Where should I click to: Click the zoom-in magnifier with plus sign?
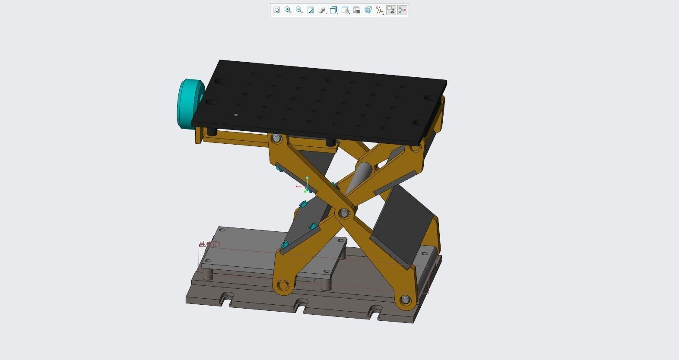point(288,10)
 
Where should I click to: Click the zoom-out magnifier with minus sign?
point(299,10)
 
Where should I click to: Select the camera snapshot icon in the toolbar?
point(357,10)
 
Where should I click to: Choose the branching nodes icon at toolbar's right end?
point(403,10)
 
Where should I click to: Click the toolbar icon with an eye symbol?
point(391,10)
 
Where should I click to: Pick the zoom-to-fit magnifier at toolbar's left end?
point(277,10)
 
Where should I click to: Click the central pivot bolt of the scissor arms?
point(344,213)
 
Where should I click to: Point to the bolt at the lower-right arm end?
point(405,300)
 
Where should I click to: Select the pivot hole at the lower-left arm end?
point(283,285)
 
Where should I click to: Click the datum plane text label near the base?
point(210,244)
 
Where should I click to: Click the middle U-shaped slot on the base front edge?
point(301,307)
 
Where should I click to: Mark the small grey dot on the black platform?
point(235,115)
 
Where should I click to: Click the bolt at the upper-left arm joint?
point(276,139)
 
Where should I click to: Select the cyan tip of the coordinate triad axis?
point(307,177)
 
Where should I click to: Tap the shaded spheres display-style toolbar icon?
point(322,10)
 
